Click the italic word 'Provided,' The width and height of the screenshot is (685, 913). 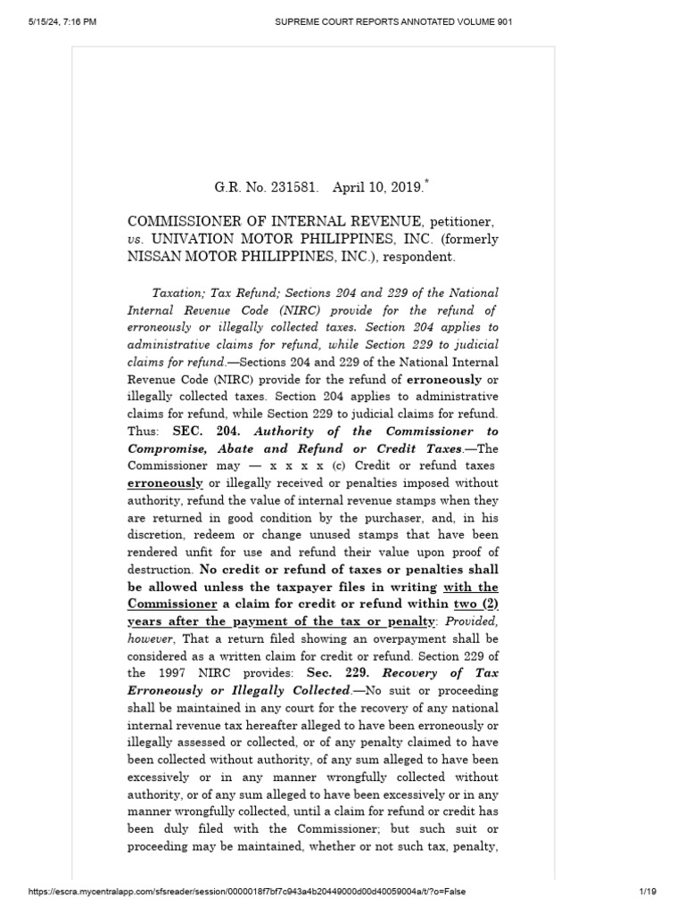(468, 621)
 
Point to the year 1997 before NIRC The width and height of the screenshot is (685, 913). (182, 673)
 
